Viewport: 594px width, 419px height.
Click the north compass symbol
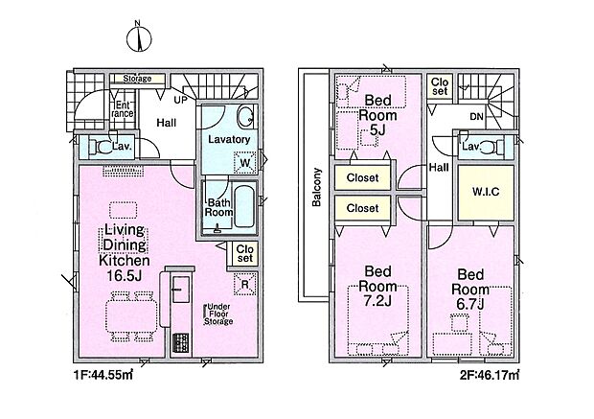(x=139, y=37)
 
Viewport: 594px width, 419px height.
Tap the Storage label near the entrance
(x=137, y=79)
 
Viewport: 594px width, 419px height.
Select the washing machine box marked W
(x=245, y=162)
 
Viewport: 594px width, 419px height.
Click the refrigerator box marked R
(x=244, y=284)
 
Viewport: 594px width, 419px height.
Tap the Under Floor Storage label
(x=218, y=314)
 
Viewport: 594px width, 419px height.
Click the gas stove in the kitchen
(x=181, y=342)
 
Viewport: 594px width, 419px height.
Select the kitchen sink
(x=181, y=290)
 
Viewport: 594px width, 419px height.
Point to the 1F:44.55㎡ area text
(x=103, y=376)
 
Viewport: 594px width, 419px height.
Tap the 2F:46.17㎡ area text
(x=490, y=376)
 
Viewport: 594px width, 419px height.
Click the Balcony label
(x=316, y=187)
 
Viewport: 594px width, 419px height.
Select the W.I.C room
(x=486, y=193)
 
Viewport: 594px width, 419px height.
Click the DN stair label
(x=476, y=117)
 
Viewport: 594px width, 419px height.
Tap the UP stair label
(x=180, y=100)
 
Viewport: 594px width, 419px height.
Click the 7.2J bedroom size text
(x=378, y=301)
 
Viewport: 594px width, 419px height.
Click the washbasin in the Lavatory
(x=246, y=115)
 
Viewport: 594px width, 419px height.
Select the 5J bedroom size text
(x=377, y=130)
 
